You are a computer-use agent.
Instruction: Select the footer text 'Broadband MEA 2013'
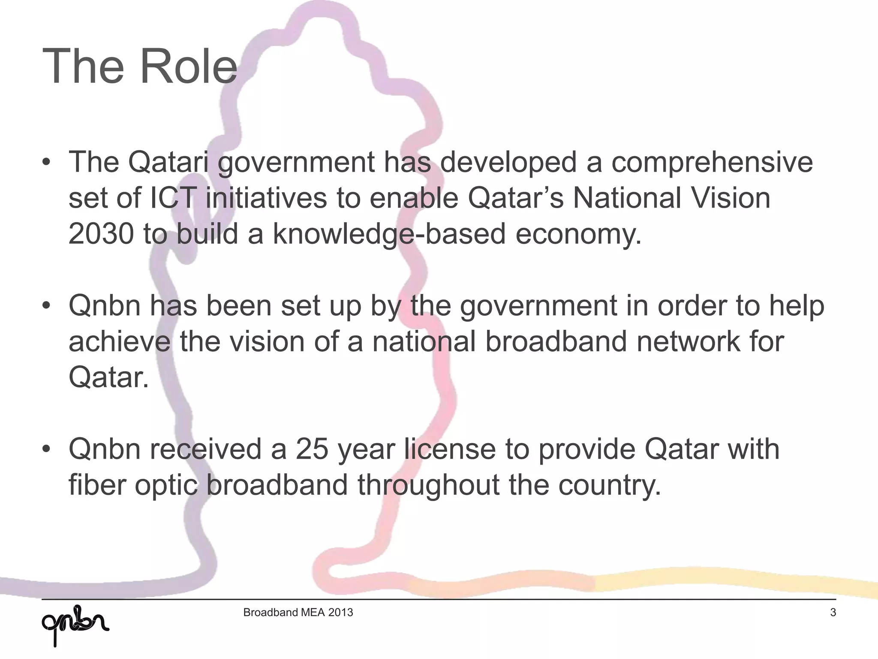[298, 612]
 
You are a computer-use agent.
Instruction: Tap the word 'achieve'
[119, 342]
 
